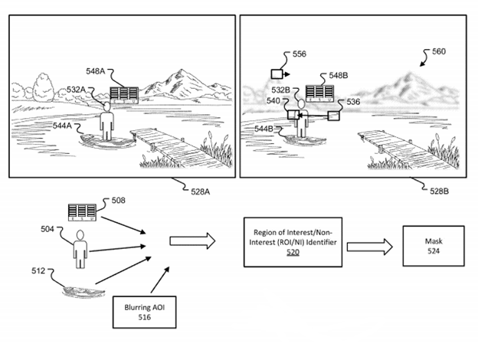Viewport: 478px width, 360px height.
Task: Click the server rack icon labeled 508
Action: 81,211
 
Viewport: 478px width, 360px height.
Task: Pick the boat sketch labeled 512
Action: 79,292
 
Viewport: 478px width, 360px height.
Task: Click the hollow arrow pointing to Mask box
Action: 362,246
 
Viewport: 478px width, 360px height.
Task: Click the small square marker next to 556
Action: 277,74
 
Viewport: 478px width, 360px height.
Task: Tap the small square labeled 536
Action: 334,116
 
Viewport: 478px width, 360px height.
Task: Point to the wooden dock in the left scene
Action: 165,146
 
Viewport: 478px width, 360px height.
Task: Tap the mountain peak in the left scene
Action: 181,73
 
